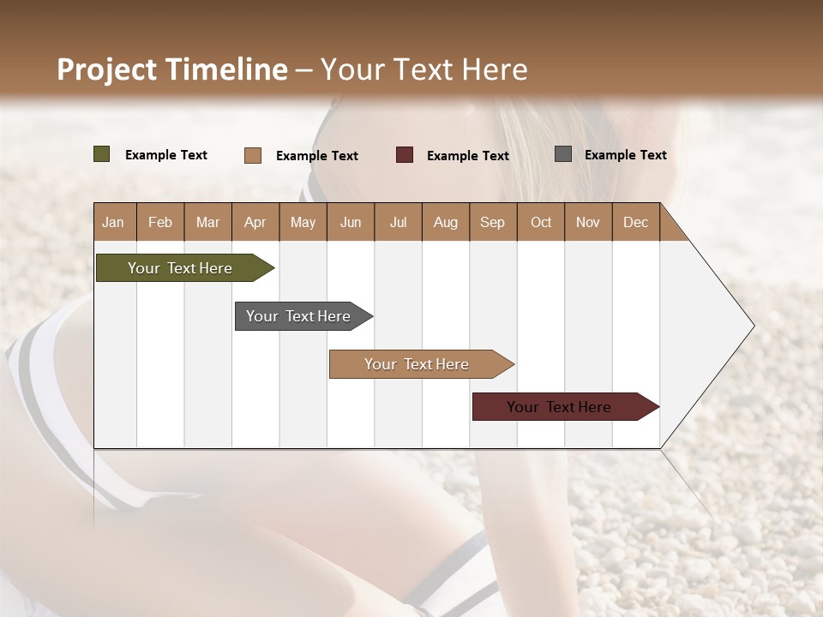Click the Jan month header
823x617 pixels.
(x=114, y=222)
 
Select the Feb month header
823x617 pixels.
(x=160, y=222)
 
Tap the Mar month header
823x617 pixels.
(x=207, y=222)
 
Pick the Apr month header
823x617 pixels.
(x=255, y=222)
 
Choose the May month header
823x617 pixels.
(x=303, y=222)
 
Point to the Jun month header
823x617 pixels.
(x=351, y=222)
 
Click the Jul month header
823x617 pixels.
(x=398, y=222)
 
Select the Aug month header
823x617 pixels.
(x=446, y=222)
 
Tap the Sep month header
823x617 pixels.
(x=493, y=222)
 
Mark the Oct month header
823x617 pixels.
(x=541, y=222)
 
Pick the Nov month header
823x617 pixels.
(x=588, y=222)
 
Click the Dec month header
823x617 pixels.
(x=636, y=222)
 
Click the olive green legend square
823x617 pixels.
(x=101, y=154)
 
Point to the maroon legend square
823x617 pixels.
(x=405, y=155)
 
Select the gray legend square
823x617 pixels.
(x=563, y=154)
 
